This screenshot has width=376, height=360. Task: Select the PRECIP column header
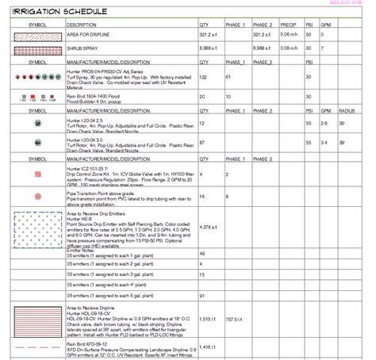pyautogui.click(x=288, y=25)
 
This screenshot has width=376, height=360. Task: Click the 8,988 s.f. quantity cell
pyautogui.click(x=209, y=48)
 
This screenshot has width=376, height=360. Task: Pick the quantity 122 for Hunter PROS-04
pyautogui.click(x=203, y=78)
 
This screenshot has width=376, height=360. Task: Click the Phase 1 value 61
pyautogui.click(x=229, y=78)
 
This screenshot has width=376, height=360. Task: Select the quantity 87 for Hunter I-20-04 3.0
pyautogui.click(x=202, y=142)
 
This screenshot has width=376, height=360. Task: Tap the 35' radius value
pyautogui.click(x=342, y=124)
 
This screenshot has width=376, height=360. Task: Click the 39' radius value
pyautogui.click(x=342, y=142)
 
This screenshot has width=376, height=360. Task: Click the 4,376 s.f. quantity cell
pyautogui.click(x=209, y=228)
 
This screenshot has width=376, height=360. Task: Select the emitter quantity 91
pyautogui.click(x=202, y=296)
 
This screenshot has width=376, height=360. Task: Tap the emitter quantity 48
pyautogui.click(x=202, y=253)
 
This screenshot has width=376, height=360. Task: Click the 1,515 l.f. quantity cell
pyautogui.click(x=208, y=318)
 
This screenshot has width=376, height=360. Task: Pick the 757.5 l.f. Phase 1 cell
pyautogui.click(x=236, y=318)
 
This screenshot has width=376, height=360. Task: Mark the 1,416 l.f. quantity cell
pyautogui.click(x=208, y=347)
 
